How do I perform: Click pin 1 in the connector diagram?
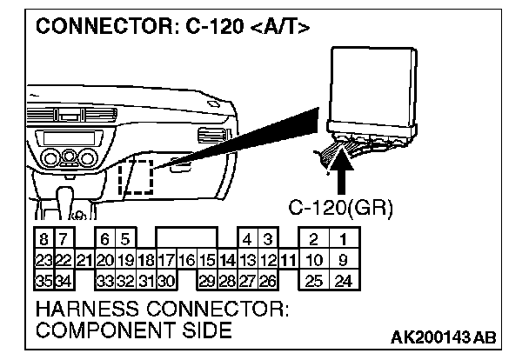point(344,238)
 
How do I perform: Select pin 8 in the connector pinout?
point(43,238)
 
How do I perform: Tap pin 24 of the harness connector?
point(344,280)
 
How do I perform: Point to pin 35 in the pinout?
point(43,280)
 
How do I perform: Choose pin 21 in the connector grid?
point(84,259)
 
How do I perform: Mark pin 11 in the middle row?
point(288,259)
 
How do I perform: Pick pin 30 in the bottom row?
point(166,280)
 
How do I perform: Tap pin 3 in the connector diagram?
point(268,238)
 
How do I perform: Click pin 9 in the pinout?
point(344,259)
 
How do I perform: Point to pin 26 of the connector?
point(268,280)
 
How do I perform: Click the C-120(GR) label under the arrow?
point(342,209)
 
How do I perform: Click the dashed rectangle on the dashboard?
point(136,178)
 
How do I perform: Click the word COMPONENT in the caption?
point(96,330)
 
